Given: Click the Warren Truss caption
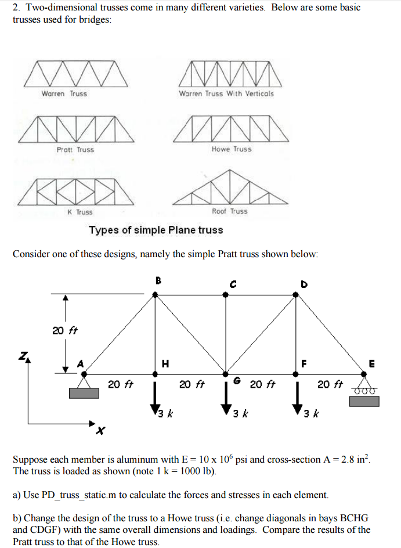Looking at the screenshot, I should (64, 93).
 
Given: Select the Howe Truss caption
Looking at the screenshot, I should (232, 149).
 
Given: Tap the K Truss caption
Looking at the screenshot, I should (80, 212).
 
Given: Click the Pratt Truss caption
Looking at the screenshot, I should (75, 150).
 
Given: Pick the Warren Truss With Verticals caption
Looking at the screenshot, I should (226, 93).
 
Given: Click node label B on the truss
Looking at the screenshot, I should (158, 280).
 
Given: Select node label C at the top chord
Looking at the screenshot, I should (233, 284).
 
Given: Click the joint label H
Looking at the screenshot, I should (165, 364).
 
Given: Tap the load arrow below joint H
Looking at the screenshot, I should (155, 399).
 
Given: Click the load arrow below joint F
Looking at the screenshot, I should (296, 399).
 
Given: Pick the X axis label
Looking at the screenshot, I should (100, 431).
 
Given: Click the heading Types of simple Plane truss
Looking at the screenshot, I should (156, 230).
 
